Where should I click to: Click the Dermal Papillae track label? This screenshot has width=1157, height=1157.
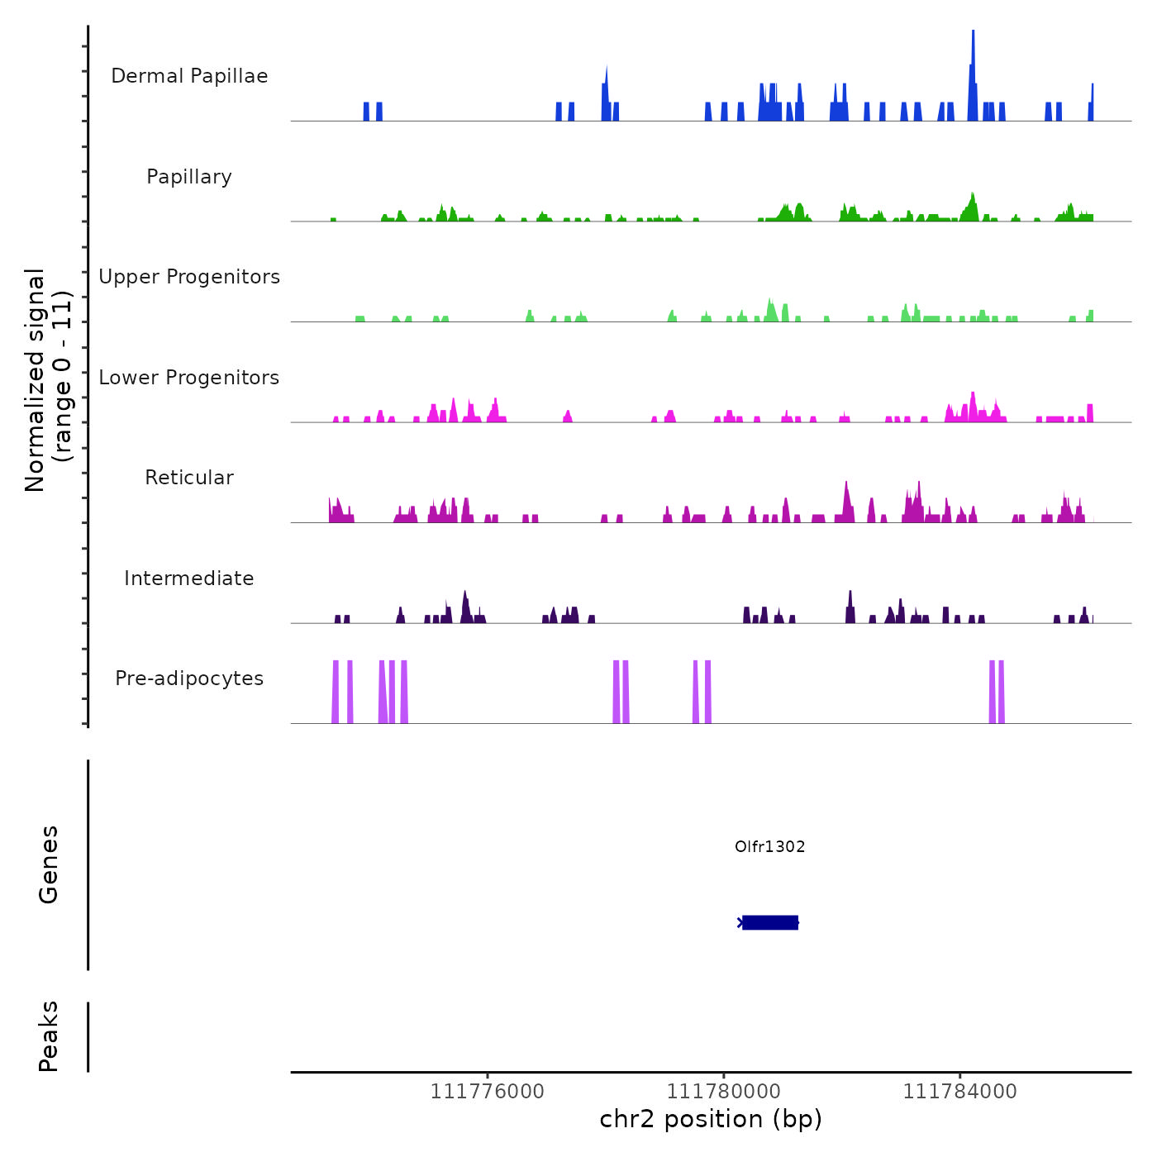point(189,76)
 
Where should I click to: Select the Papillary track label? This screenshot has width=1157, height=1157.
point(189,177)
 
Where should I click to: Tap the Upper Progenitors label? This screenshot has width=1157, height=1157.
point(189,277)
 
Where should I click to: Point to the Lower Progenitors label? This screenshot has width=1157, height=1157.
point(189,378)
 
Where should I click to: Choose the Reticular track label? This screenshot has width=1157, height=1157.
point(189,478)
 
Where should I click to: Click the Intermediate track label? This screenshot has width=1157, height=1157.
point(189,578)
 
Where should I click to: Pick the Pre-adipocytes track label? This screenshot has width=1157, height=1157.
point(189,678)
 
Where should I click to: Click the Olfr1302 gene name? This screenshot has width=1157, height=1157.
point(769,846)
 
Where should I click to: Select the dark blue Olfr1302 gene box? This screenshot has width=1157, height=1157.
point(769,922)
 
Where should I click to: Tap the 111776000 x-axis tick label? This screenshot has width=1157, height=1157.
point(488,1092)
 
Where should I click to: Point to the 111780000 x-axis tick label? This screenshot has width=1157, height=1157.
point(723,1092)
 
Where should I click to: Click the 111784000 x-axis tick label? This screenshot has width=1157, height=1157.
point(959,1092)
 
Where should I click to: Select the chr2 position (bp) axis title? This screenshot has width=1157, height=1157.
point(711,1119)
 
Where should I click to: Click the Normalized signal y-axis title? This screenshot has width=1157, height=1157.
point(48,380)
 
